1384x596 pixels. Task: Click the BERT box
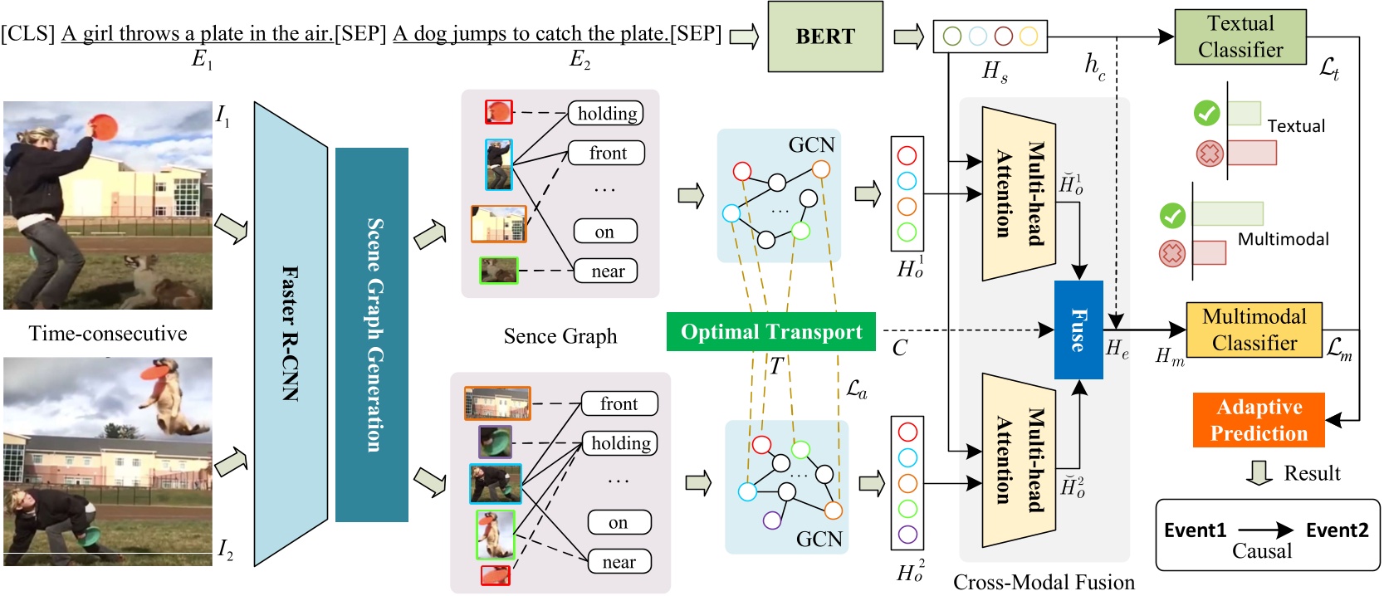click(x=824, y=37)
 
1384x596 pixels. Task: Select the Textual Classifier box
click(x=1240, y=37)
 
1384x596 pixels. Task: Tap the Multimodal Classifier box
click(x=1254, y=330)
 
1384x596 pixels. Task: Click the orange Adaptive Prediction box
click(x=1258, y=420)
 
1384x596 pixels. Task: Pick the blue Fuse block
click(x=1078, y=330)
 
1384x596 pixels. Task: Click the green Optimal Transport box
click(x=770, y=331)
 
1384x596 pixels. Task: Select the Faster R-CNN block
click(x=290, y=334)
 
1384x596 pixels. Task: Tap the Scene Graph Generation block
click(x=372, y=335)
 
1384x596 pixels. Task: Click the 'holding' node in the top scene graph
click(x=607, y=114)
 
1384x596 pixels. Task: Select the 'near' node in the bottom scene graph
click(x=619, y=562)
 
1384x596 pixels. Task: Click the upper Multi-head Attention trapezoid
click(x=1019, y=194)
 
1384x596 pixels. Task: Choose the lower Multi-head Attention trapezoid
click(x=1019, y=460)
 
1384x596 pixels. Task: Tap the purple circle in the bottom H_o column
click(x=907, y=534)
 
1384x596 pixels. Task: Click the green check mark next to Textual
click(x=1206, y=113)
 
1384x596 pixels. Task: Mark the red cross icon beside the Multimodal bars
click(x=1171, y=253)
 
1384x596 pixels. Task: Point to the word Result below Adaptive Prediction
click(x=1312, y=473)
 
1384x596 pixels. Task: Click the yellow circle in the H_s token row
click(x=1028, y=36)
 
